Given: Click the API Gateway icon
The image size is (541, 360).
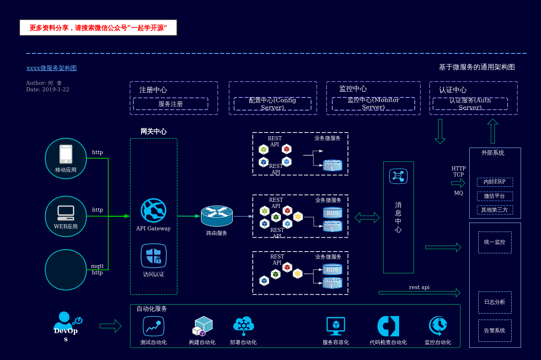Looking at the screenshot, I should pyautogui.click(x=153, y=210).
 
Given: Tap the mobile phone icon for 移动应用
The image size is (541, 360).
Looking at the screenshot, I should pyautogui.click(x=66, y=154).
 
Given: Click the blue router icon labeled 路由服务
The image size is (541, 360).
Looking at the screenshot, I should pyautogui.click(x=217, y=216).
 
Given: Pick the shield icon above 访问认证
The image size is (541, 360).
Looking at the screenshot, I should pyautogui.click(x=154, y=256).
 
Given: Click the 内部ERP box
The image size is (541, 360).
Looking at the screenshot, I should pyautogui.click(x=495, y=182).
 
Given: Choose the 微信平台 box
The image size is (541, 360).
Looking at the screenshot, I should pyautogui.click(x=495, y=196).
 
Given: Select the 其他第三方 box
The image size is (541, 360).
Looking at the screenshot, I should pyautogui.click(x=495, y=210).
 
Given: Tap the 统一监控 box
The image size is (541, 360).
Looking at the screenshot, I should pyautogui.click(x=495, y=242).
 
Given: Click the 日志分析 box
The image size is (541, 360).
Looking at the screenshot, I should pyautogui.click(x=495, y=302).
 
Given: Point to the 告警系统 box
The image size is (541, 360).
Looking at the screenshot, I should pyautogui.click(x=495, y=331).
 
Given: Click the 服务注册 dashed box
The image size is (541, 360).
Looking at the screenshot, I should pyautogui.click(x=170, y=104).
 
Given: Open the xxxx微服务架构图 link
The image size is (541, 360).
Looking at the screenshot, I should pyautogui.click(x=51, y=68).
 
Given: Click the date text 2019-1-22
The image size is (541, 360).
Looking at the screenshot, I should pyautogui.click(x=55, y=89).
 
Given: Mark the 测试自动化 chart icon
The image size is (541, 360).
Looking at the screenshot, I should pyautogui.click(x=153, y=326).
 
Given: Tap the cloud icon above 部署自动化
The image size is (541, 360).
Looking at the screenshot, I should pyautogui.click(x=243, y=325).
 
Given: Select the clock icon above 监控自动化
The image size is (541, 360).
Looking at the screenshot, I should pyautogui.click(x=438, y=326).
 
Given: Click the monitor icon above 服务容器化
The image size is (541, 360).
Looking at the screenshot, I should pyautogui.click(x=336, y=326).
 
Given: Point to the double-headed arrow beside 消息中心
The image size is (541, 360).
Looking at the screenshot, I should pyautogui.click(x=367, y=217).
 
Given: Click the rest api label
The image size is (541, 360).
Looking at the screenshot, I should pyautogui.click(x=419, y=287).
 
